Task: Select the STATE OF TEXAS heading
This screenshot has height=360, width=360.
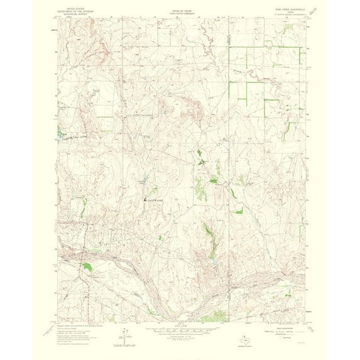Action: [x=180, y=9]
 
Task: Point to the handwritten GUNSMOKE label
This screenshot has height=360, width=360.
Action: [x=159, y=200]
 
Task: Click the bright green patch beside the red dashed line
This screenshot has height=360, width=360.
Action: [x=88, y=266]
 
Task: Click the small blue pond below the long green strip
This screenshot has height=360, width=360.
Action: [x=214, y=265]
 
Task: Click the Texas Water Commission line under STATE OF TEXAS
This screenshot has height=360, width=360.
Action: [x=180, y=14]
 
